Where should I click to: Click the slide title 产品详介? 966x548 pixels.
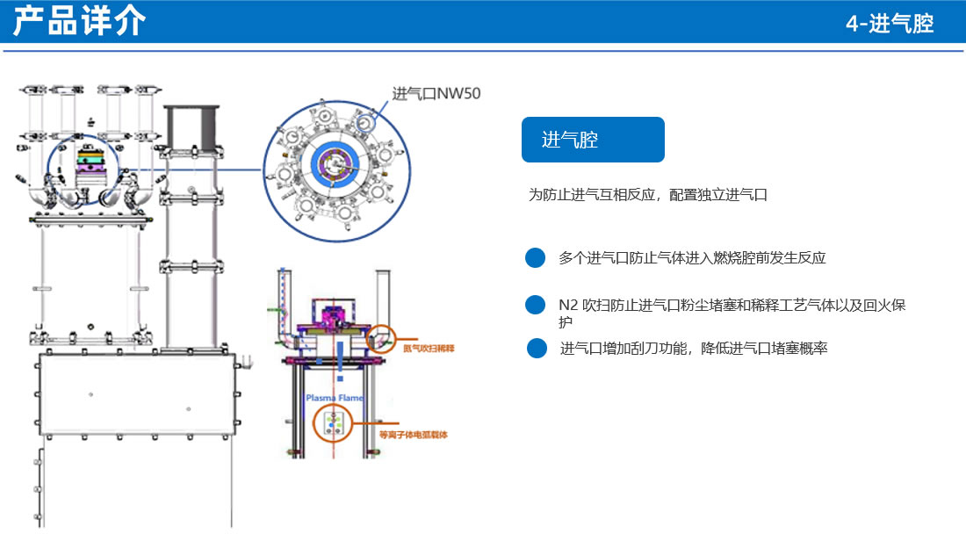click(x=79, y=22)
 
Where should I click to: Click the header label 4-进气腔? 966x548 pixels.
click(x=889, y=24)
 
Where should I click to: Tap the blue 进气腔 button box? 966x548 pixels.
click(x=593, y=140)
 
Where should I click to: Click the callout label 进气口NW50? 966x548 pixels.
click(x=436, y=93)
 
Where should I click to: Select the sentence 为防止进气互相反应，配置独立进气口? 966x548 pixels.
click(x=647, y=195)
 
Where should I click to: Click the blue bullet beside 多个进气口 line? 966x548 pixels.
click(x=536, y=258)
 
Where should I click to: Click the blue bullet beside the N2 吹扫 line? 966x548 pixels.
click(x=536, y=305)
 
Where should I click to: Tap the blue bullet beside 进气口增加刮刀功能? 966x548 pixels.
click(x=537, y=349)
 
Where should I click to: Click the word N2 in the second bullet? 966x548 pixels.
click(x=568, y=306)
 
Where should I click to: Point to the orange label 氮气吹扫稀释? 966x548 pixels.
click(x=429, y=349)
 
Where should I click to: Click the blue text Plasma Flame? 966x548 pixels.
click(x=334, y=398)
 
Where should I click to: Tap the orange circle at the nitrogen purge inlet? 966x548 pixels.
click(x=382, y=337)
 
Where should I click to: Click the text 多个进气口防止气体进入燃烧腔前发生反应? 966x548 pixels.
click(x=692, y=258)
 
